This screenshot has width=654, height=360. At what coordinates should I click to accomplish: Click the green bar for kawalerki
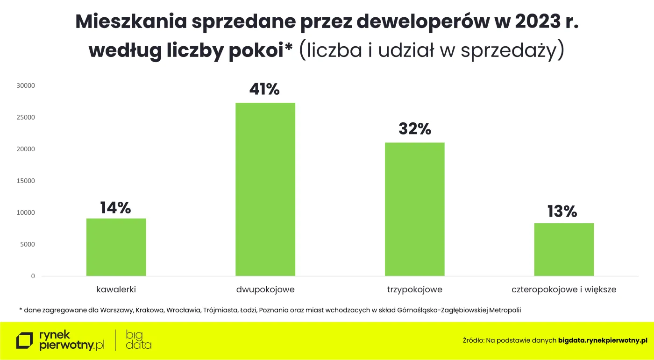(116, 247)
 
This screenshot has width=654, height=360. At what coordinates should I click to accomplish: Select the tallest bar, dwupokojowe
(265, 189)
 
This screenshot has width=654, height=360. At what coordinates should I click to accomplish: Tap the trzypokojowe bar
(415, 209)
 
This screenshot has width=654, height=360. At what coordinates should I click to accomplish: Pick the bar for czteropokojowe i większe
(564, 249)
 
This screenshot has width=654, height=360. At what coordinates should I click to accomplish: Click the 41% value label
(264, 89)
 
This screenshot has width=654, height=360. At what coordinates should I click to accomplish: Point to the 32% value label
(415, 129)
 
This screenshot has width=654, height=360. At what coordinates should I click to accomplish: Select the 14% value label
(115, 208)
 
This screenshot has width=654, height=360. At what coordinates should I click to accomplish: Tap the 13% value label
(562, 212)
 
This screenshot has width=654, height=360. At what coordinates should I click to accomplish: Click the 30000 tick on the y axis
(26, 86)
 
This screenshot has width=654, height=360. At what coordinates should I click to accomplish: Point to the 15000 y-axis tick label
(26, 181)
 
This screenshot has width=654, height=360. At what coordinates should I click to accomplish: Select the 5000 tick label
(27, 244)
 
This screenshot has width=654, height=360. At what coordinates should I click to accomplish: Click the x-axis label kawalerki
(116, 289)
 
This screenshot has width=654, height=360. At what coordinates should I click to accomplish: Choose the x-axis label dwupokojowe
(265, 289)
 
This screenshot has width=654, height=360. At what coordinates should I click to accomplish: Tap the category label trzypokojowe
(415, 289)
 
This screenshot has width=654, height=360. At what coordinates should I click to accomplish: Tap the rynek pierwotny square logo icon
(25, 340)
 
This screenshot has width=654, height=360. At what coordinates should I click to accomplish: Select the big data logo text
(138, 340)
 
